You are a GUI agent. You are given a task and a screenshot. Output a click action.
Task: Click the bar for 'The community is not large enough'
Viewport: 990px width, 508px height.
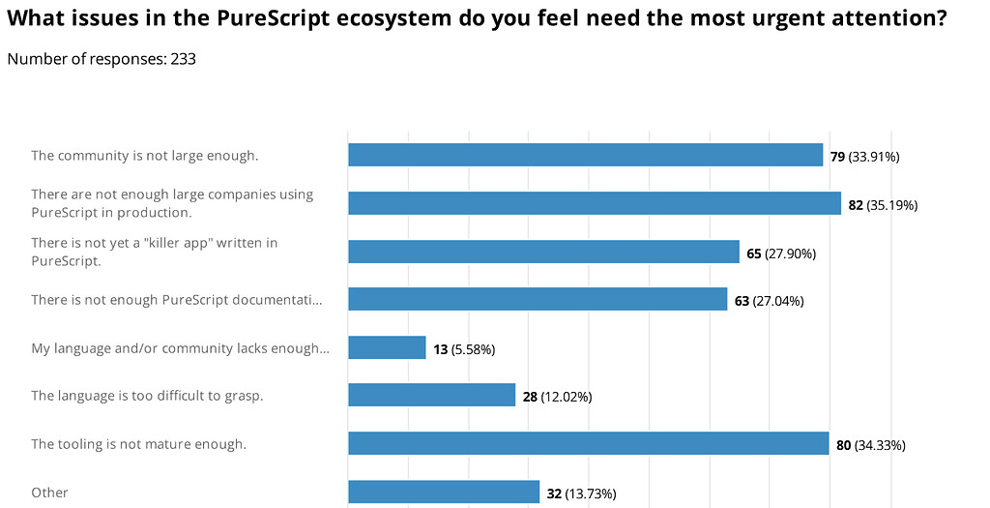tap(585, 155)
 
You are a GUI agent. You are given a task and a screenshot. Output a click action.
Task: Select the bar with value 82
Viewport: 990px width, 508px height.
tap(594, 203)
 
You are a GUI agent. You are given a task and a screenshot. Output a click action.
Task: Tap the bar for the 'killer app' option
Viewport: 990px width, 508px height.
tap(543, 252)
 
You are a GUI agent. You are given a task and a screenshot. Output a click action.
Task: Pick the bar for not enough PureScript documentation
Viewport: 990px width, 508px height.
tap(538, 299)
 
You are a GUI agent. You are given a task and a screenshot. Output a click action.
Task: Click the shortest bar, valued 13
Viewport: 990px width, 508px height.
tap(387, 347)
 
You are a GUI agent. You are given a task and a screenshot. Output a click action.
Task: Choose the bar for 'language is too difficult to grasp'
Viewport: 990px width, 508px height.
tap(431, 395)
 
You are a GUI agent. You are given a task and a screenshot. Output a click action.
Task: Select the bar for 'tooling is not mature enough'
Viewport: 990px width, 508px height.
tap(588, 443)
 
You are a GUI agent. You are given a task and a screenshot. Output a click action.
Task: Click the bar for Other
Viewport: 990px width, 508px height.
tap(443, 492)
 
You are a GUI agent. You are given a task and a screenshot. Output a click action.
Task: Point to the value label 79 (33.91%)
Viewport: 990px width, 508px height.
tap(864, 156)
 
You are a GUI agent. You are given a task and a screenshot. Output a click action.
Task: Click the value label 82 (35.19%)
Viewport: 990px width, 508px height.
tap(883, 204)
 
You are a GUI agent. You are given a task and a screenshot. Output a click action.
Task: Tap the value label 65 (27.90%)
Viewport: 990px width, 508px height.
tap(781, 253)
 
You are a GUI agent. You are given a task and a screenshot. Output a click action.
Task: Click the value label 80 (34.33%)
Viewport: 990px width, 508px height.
tap(871, 444)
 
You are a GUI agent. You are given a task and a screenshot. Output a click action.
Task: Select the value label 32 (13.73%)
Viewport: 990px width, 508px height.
tap(581, 493)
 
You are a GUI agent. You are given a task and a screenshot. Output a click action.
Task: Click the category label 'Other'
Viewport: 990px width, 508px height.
tap(49, 493)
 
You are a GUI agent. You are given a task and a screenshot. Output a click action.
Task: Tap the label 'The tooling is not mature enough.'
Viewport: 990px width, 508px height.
tap(138, 444)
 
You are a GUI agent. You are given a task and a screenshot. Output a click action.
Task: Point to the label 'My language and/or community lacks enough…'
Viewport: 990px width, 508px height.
tap(180, 348)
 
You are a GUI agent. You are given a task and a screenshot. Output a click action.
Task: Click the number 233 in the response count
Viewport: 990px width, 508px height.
tap(184, 59)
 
